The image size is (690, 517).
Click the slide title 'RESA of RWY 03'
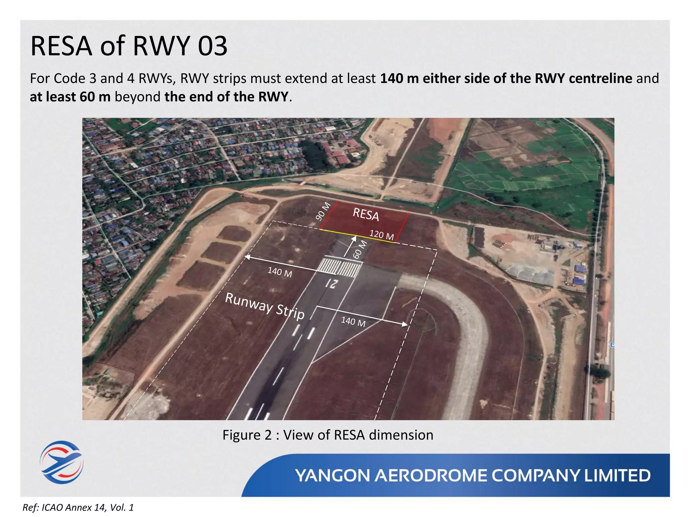pos(129,46)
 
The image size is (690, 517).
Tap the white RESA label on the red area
pos(366,214)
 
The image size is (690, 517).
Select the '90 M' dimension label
pos(323,211)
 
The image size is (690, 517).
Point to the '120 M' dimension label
pos(382,235)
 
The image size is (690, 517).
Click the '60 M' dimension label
pos(360,249)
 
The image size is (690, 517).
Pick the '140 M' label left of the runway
pos(280,272)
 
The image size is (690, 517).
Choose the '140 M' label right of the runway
pos(353,322)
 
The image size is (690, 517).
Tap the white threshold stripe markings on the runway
pos(340,267)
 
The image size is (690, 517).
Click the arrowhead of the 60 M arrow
pos(354,239)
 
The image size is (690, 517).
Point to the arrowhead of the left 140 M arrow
pos(247,257)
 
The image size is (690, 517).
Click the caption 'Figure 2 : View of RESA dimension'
pos(328,435)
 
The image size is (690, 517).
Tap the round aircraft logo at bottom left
pos(62,462)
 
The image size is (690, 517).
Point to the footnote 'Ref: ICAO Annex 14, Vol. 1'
pos(78,507)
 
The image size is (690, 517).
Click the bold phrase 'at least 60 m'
pos(70,97)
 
